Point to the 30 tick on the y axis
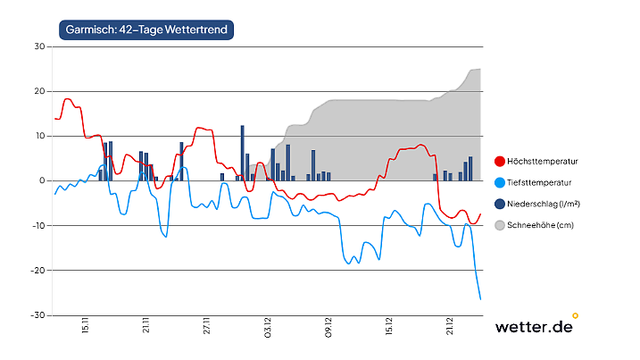pos(39,46)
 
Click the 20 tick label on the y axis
pos(39,91)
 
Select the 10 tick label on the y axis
pos(39,136)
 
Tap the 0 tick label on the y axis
pos(42,180)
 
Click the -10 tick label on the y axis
pos(38,225)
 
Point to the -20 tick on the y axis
pos(38,270)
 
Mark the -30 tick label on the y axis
pos(38,314)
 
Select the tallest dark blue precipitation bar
pos(242,153)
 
